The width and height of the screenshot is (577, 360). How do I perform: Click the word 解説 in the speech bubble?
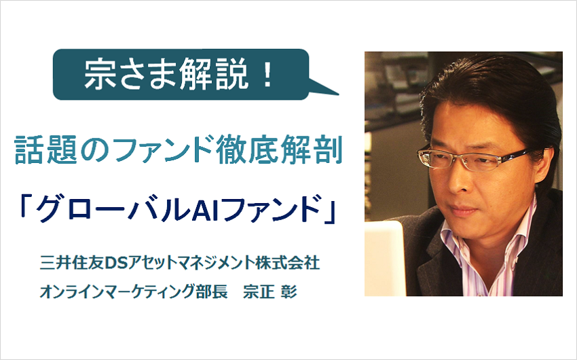click(214, 74)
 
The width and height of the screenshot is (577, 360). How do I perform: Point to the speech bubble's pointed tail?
click(323, 87)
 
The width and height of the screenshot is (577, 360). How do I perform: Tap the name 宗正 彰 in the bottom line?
click(269, 292)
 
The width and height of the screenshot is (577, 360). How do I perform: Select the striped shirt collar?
click(489, 247)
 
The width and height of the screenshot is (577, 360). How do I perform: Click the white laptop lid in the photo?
click(384, 257)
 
